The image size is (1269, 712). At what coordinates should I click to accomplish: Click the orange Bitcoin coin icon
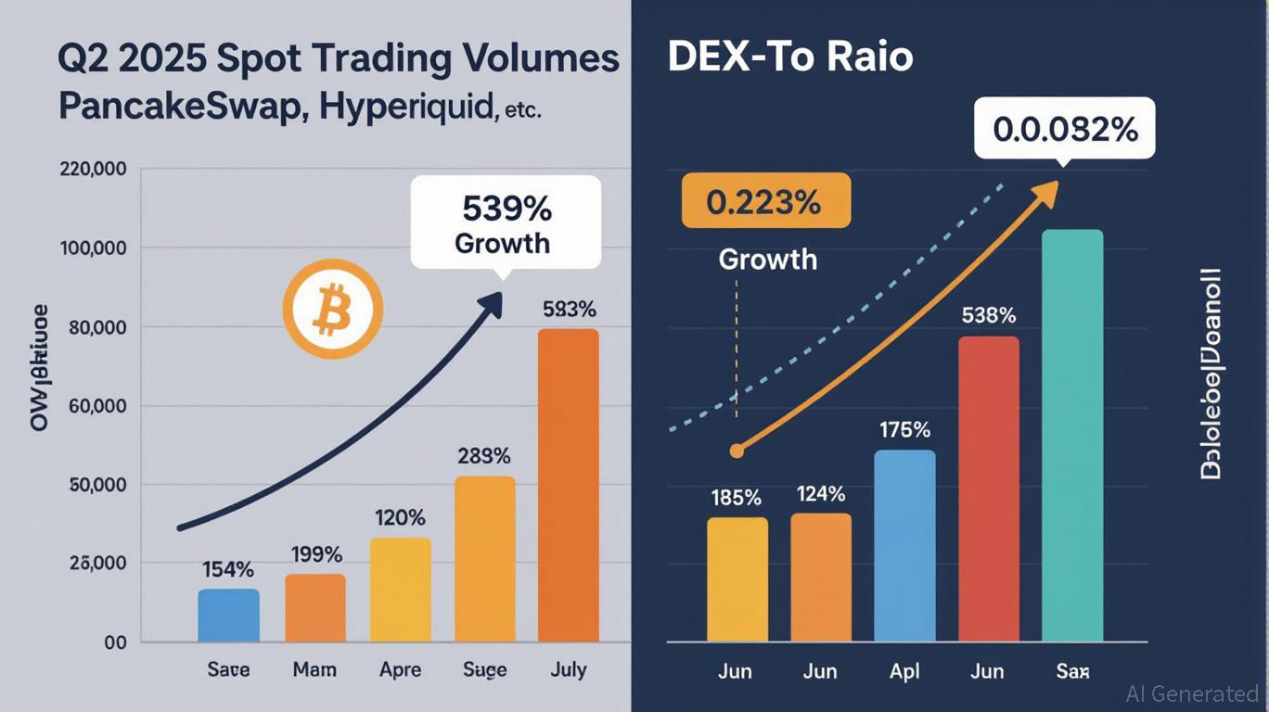click(x=332, y=312)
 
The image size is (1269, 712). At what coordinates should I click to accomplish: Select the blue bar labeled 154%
click(x=228, y=615)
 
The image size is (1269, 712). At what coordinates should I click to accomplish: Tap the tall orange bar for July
click(x=568, y=485)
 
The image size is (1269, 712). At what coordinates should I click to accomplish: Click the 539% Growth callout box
click(x=506, y=222)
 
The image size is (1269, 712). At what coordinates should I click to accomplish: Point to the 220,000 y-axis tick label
click(x=92, y=171)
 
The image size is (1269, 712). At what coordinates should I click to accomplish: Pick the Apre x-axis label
click(x=400, y=669)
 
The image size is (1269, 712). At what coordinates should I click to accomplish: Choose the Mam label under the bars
click(x=314, y=669)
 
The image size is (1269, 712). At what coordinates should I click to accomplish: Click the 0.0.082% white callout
click(x=1065, y=130)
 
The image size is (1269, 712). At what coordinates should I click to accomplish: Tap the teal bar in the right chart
click(x=1072, y=436)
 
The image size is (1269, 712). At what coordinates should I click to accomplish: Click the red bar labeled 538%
click(x=988, y=489)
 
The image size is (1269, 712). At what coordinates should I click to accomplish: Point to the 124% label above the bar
click(x=821, y=494)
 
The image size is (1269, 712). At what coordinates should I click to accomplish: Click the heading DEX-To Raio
click(x=790, y=57)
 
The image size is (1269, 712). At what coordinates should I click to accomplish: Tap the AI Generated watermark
click(x=1192, y=693)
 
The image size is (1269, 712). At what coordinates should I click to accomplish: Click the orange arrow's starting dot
click(x=737, y=451)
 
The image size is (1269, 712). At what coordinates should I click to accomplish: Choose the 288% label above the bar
click(x=484, y=456)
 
